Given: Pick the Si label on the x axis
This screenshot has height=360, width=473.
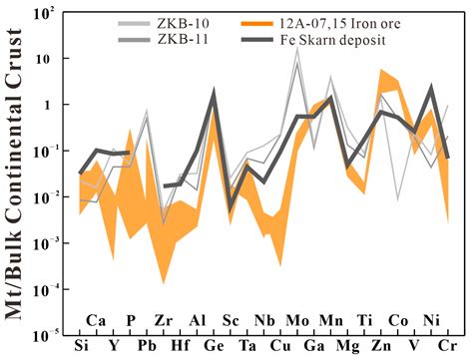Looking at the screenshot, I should tap(81, 347).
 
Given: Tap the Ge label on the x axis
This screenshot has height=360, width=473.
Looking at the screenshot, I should tap(213, 347).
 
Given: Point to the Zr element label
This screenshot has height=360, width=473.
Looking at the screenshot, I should tap(164, 321).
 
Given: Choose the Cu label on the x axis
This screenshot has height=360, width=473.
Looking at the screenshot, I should tap(280, 347).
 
